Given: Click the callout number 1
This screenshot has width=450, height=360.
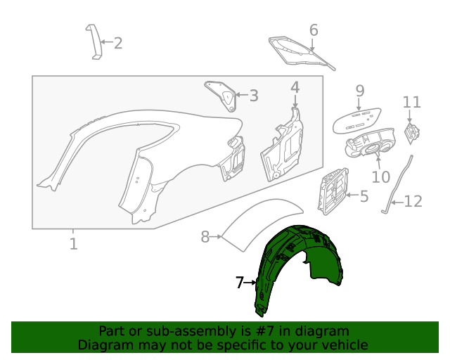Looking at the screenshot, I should point(73,244).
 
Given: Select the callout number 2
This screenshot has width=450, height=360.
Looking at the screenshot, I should point(117,44).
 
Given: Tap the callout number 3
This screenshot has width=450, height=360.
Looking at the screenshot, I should point(253,96).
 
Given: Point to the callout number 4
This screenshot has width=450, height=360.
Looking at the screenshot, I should point(295,87).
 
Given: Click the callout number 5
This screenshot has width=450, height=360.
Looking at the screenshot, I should point(364,196).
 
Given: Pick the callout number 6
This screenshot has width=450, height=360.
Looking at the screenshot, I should point(314,30).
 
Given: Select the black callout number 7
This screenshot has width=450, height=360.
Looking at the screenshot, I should point(240,283).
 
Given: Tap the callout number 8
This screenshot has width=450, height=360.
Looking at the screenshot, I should point(205,237).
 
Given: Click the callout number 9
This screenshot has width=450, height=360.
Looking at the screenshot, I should point(359,91).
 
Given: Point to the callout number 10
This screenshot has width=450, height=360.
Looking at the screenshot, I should point(380,177).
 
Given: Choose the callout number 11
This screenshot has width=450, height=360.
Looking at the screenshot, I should point(412,102).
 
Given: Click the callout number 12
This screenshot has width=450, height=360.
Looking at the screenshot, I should point(413,202).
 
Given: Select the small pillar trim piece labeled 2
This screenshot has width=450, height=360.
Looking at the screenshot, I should point(93,41).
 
